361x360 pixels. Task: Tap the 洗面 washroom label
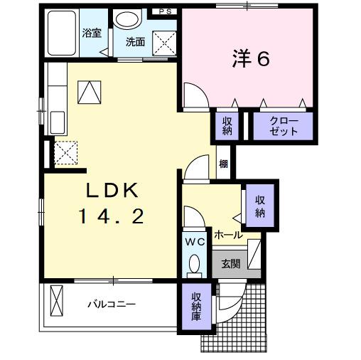pos(135,41)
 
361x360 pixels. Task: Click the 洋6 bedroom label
pos(249,59)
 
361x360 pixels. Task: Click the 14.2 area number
pos(115,215)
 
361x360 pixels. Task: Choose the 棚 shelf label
pos(224,165)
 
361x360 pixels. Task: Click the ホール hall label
pos(227,234)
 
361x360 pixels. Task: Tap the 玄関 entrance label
pos(230,263)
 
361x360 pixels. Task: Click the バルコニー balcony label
pos(112,304)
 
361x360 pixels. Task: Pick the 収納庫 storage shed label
pos(196,307)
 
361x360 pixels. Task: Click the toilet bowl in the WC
pos(194,265)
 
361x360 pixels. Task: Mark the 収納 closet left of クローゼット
pos(227,127)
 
